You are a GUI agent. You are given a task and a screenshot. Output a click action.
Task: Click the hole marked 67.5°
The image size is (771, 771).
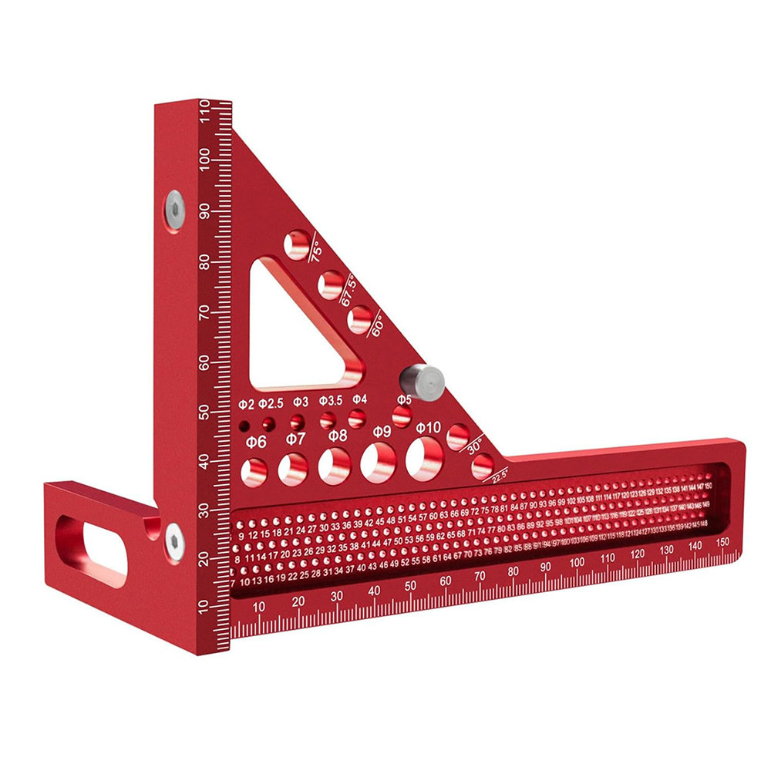point(330,284)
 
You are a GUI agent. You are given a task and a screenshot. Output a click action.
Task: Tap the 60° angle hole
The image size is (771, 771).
point(359,318)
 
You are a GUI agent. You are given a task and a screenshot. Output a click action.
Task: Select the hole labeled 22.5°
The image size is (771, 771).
point(483,466)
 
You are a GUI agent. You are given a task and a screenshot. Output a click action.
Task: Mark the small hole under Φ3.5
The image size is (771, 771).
point(328,419)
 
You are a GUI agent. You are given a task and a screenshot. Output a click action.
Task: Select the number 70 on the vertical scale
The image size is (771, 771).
point(204,312)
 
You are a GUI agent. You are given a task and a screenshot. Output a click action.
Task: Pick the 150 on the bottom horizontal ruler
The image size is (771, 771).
point(722,543)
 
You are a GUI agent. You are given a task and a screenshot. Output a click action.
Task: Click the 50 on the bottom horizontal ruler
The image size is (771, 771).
point(410,586)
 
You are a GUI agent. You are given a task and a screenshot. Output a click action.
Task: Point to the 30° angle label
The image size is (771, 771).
point(474,446)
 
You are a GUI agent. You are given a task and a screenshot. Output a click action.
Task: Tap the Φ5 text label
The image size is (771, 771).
point(404,399)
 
